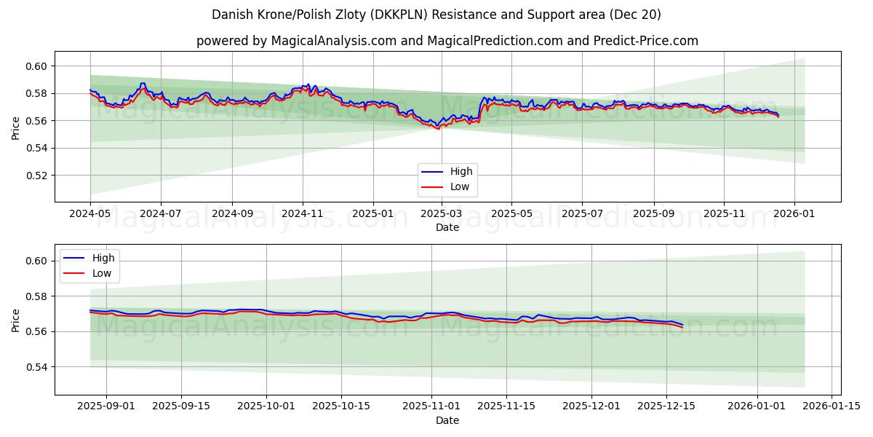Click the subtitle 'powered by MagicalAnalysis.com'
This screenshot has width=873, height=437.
[x=447, y=41]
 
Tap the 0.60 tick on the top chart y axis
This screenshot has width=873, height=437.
[x=36, y=66]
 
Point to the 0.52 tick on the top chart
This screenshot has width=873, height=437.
[x=36, y=176]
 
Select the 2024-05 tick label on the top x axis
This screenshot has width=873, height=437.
[x=90, y=215]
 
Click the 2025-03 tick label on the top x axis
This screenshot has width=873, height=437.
[x=441, y=215]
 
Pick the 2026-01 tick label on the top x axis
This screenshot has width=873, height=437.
[x=794, y=215]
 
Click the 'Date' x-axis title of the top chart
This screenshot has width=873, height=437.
[x=447, y=227]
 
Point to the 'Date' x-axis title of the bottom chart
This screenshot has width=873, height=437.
[x=447, y=420]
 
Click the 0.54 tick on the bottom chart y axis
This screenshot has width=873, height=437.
[x=36, y=367]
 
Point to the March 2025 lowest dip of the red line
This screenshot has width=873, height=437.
[x=437, y=129]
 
